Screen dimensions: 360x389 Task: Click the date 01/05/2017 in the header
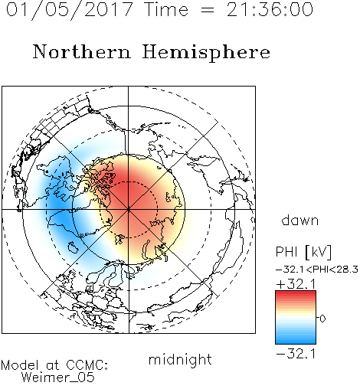(x=70, y=10)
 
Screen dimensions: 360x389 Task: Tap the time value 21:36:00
(x=270, y=10)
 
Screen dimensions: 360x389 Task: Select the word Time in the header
(x=166, y=10)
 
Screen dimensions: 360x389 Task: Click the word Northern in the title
(x=82, y=52)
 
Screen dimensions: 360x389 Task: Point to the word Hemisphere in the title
(x=206, y=53)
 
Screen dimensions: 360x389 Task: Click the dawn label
(x=300, y=220)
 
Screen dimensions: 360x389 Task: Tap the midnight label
(x=180, y=359)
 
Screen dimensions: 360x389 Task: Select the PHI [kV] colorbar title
(x=303, y=252)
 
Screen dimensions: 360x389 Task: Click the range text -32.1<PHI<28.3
(x=317, y=270)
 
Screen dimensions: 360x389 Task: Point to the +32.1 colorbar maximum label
(x=296, y=284)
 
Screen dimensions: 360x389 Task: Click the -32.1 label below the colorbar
(x=296, y=354)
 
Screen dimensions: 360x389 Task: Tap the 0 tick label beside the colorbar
(x=322, y=319)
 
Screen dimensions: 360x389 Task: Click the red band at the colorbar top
(x=296, y=295)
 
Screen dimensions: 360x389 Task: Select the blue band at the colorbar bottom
(x=296, y=339)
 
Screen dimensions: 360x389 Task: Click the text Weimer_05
(x=58, y=378)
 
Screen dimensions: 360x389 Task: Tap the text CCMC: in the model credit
(x=87, y=365)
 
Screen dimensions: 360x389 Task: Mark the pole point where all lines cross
(x=129, y=209)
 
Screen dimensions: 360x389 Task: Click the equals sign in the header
(x=207, y=10)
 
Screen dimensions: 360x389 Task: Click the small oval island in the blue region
(x=73, y=247)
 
